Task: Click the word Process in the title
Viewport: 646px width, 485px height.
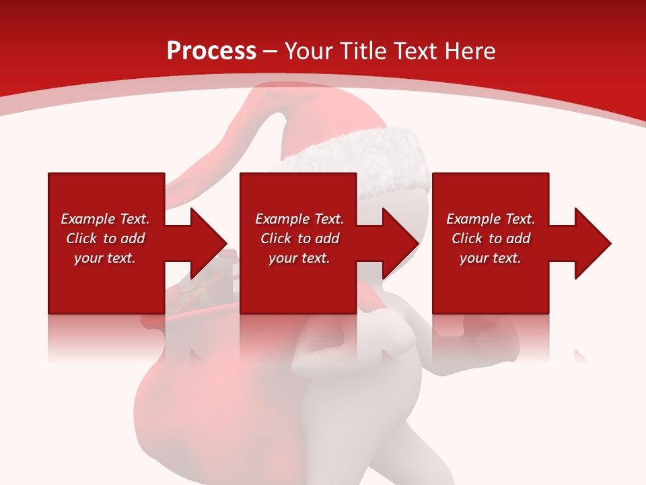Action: tap(211, 51)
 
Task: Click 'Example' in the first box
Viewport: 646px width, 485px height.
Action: tap(87, 219)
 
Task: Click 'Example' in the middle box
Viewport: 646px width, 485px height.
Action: tap(282, 219)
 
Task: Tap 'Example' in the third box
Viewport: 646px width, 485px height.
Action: tap(473, 219)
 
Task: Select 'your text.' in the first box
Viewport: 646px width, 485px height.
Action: tap(105, 258)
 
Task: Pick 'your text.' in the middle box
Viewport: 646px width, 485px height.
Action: tap(299, 258)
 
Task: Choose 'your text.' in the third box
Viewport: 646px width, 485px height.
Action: tap(491, 258)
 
